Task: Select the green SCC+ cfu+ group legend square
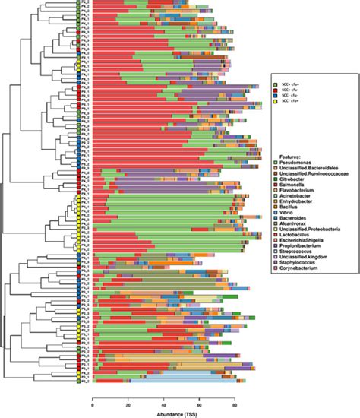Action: pos(276,80)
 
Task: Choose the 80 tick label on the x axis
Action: pos(234,404)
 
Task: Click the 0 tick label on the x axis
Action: pos(92,404)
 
